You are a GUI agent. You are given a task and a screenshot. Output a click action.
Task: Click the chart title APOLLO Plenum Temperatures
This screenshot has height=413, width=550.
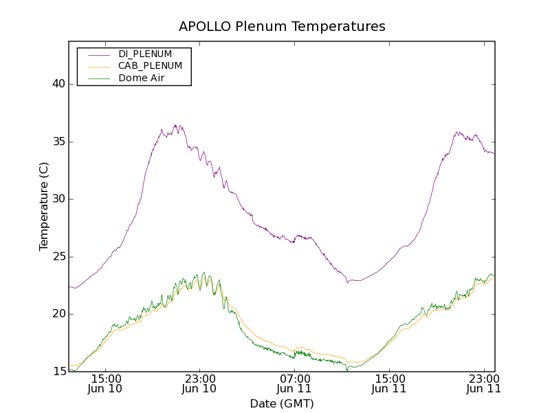[282, 27]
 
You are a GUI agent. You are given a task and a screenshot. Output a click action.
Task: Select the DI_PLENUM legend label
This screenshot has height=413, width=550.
[145, 54]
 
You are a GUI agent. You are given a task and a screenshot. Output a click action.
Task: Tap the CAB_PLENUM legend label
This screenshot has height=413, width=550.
[150, 66]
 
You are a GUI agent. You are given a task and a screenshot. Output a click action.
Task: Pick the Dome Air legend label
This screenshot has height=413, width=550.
[141, 78]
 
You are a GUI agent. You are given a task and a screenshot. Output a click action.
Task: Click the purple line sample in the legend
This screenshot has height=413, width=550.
[98, 54]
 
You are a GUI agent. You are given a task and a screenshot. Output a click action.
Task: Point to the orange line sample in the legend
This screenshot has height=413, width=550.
[98, 67]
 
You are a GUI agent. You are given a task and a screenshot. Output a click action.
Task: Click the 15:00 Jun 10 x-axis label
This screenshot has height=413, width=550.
[105, 383]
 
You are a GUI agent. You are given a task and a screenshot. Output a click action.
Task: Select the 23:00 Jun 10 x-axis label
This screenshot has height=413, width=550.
[199, 383]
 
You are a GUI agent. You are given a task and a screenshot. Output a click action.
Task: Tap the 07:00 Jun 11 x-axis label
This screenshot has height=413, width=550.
[294, 383]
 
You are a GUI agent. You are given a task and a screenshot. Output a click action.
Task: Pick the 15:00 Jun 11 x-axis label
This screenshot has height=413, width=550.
[388, 383]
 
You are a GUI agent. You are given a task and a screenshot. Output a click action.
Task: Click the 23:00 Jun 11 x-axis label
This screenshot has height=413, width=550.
[483, 383]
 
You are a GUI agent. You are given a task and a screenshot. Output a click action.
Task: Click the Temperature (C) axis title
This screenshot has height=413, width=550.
[44, 206]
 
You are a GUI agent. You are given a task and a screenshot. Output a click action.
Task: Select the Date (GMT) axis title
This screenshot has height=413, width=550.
[282, 403]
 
